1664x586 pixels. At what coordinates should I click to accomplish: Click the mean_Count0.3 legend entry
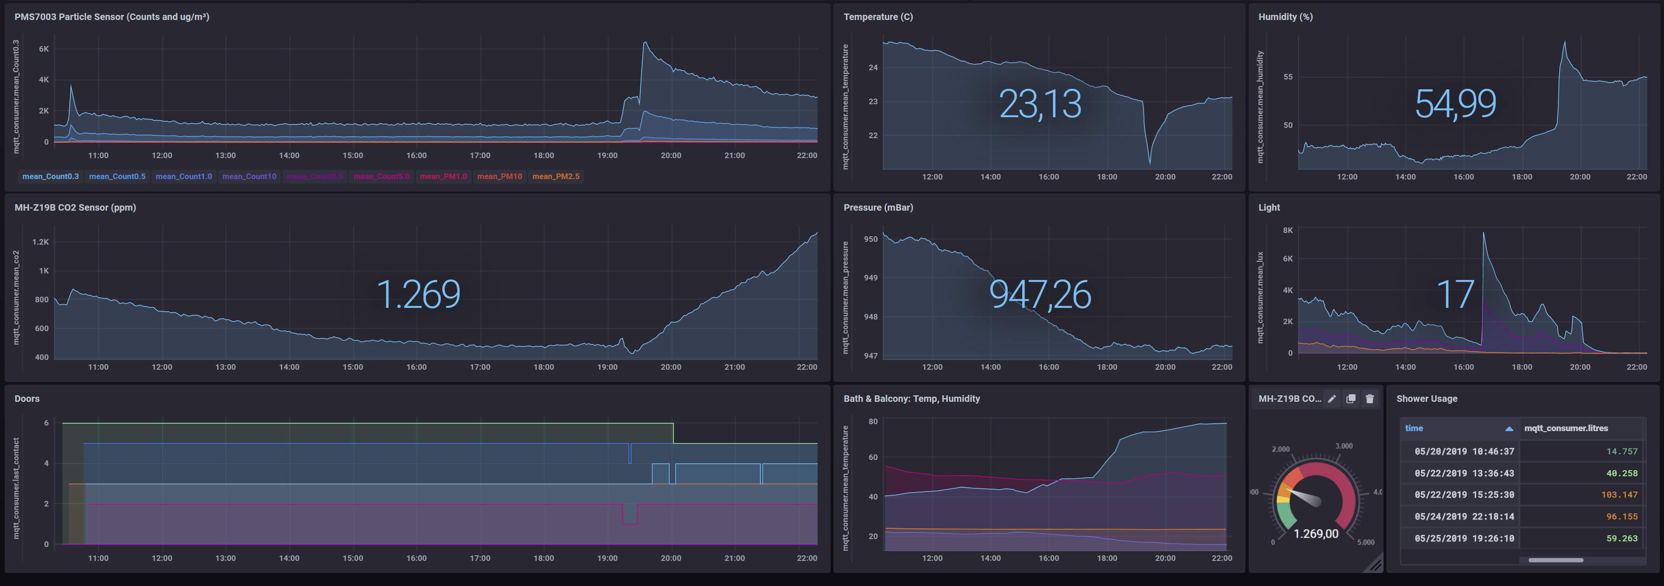[50, 176]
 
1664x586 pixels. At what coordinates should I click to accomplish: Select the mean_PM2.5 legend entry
[556, 176]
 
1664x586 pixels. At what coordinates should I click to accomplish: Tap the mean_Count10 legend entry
[249, 176]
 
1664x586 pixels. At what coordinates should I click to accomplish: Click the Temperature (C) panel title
[878, 17]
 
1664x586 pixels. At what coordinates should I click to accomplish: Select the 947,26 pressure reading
[1039, 294]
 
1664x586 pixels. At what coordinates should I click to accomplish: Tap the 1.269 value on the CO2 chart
[418, 294]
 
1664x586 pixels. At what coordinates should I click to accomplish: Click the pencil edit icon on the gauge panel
[1332, 399]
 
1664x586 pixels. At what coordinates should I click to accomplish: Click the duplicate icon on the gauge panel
[1351, 399]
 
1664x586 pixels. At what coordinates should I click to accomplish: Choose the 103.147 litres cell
[1619, 495]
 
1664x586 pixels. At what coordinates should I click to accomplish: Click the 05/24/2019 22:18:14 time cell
[1464, 517]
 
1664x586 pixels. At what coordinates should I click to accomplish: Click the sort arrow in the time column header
[1509, 428]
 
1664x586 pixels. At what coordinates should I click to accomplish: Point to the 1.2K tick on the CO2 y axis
[41, 242]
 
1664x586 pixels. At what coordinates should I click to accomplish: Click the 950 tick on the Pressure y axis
[871, 239]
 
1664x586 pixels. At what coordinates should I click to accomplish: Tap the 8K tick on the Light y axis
[1287, 231]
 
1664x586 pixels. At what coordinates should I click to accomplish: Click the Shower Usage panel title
[1426, 399]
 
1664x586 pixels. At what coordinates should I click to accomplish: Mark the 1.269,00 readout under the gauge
[1316, 533]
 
